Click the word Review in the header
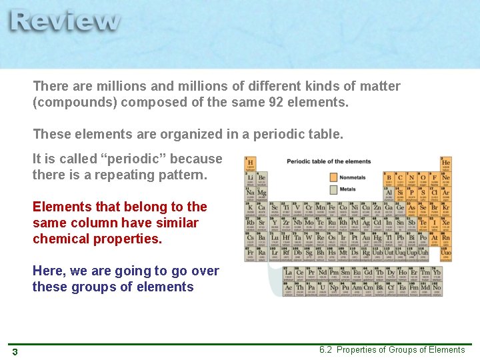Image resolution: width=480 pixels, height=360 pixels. pos(65,21)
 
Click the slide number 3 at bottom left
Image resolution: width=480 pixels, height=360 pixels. pos(15,351)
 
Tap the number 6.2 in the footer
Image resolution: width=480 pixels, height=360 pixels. pos(327,350)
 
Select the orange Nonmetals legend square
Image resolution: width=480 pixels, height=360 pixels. pos(333,177)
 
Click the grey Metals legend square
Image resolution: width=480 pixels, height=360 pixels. pos(333,189)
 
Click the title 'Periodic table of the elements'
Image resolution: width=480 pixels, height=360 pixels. pos(329,162)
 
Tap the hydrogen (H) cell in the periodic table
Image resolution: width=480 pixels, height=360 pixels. pos(251,163)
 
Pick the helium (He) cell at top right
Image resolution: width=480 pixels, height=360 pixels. pos(445,163)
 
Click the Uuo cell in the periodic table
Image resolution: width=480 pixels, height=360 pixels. pos(445,253)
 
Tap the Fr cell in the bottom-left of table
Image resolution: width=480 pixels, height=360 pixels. pos(251,253)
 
